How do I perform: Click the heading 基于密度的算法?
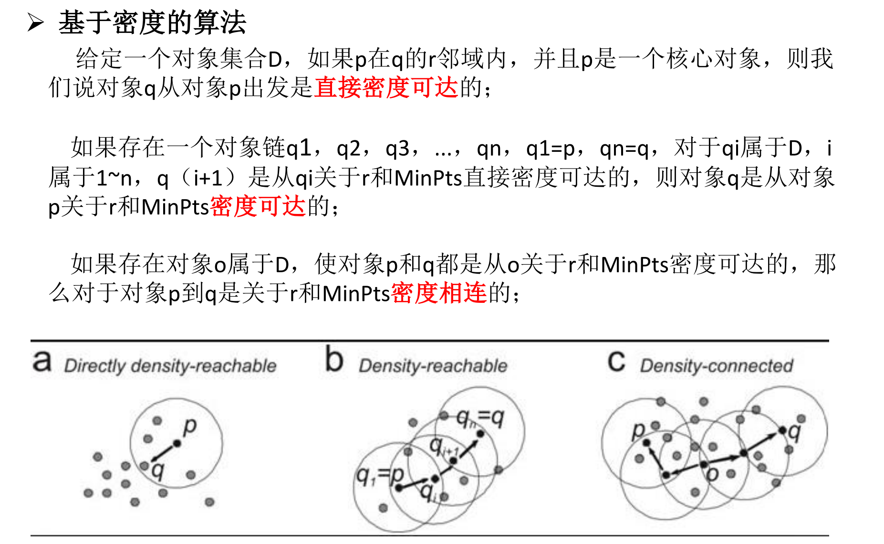(152, 22)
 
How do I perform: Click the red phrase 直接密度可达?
(386, 87)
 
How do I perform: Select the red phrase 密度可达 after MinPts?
(258, 206)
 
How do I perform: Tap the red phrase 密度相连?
(439, 293)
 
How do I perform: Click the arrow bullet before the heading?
(36, 22)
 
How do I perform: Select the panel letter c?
(616, 362)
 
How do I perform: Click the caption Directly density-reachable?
(170, 366)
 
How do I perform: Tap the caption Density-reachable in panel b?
(433, 366)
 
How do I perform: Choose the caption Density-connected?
(716, 366)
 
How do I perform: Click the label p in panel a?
(190, 426)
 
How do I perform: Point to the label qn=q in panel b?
(480, 418)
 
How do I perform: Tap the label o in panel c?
(712, 474)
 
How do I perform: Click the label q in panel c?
(794, 432)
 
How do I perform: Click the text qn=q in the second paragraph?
(624, 149)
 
